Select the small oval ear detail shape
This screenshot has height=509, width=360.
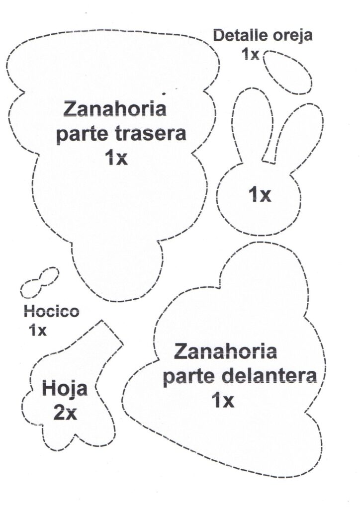point(287,72)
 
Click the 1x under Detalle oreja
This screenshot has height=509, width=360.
point(250,54)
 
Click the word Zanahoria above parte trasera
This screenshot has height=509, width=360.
point(115,109)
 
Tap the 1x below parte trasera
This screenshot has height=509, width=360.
point(116,158)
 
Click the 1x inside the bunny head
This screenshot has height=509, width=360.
point(260,194)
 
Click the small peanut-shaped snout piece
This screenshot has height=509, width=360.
point(39,282)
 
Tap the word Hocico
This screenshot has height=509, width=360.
point(51,312)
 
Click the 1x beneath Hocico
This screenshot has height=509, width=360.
point(38,331)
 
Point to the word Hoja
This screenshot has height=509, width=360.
point(65,389)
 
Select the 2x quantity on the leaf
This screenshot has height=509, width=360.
point(65,413)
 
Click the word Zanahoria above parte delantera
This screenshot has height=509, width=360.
point(226,351)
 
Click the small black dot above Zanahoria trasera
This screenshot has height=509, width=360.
point(164,93)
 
